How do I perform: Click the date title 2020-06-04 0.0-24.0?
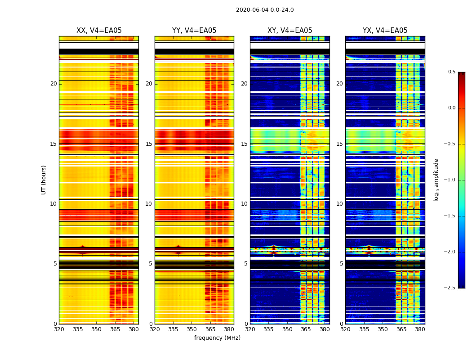[x=265, y=10]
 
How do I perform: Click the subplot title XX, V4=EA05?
[x=99, y=31]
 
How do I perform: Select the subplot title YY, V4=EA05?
[x=194, y=31]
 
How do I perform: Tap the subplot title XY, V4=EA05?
[x=290, y=31]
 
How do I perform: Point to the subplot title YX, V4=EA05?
[x=385, y=31]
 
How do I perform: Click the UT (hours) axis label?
[x=44, y=180]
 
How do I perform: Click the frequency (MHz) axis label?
[x=217, y=338]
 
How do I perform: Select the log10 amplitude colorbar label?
[x=436, y=180]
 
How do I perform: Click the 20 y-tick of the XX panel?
[x=53, y=84]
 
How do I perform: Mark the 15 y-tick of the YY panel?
[x=149, y=144]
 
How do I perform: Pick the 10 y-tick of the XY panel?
[x=245, y=204]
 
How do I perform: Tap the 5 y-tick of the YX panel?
[x=342, y=264]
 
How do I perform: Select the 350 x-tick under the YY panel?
[x=192, y=329]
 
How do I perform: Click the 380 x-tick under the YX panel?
[x=420, y=329]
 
